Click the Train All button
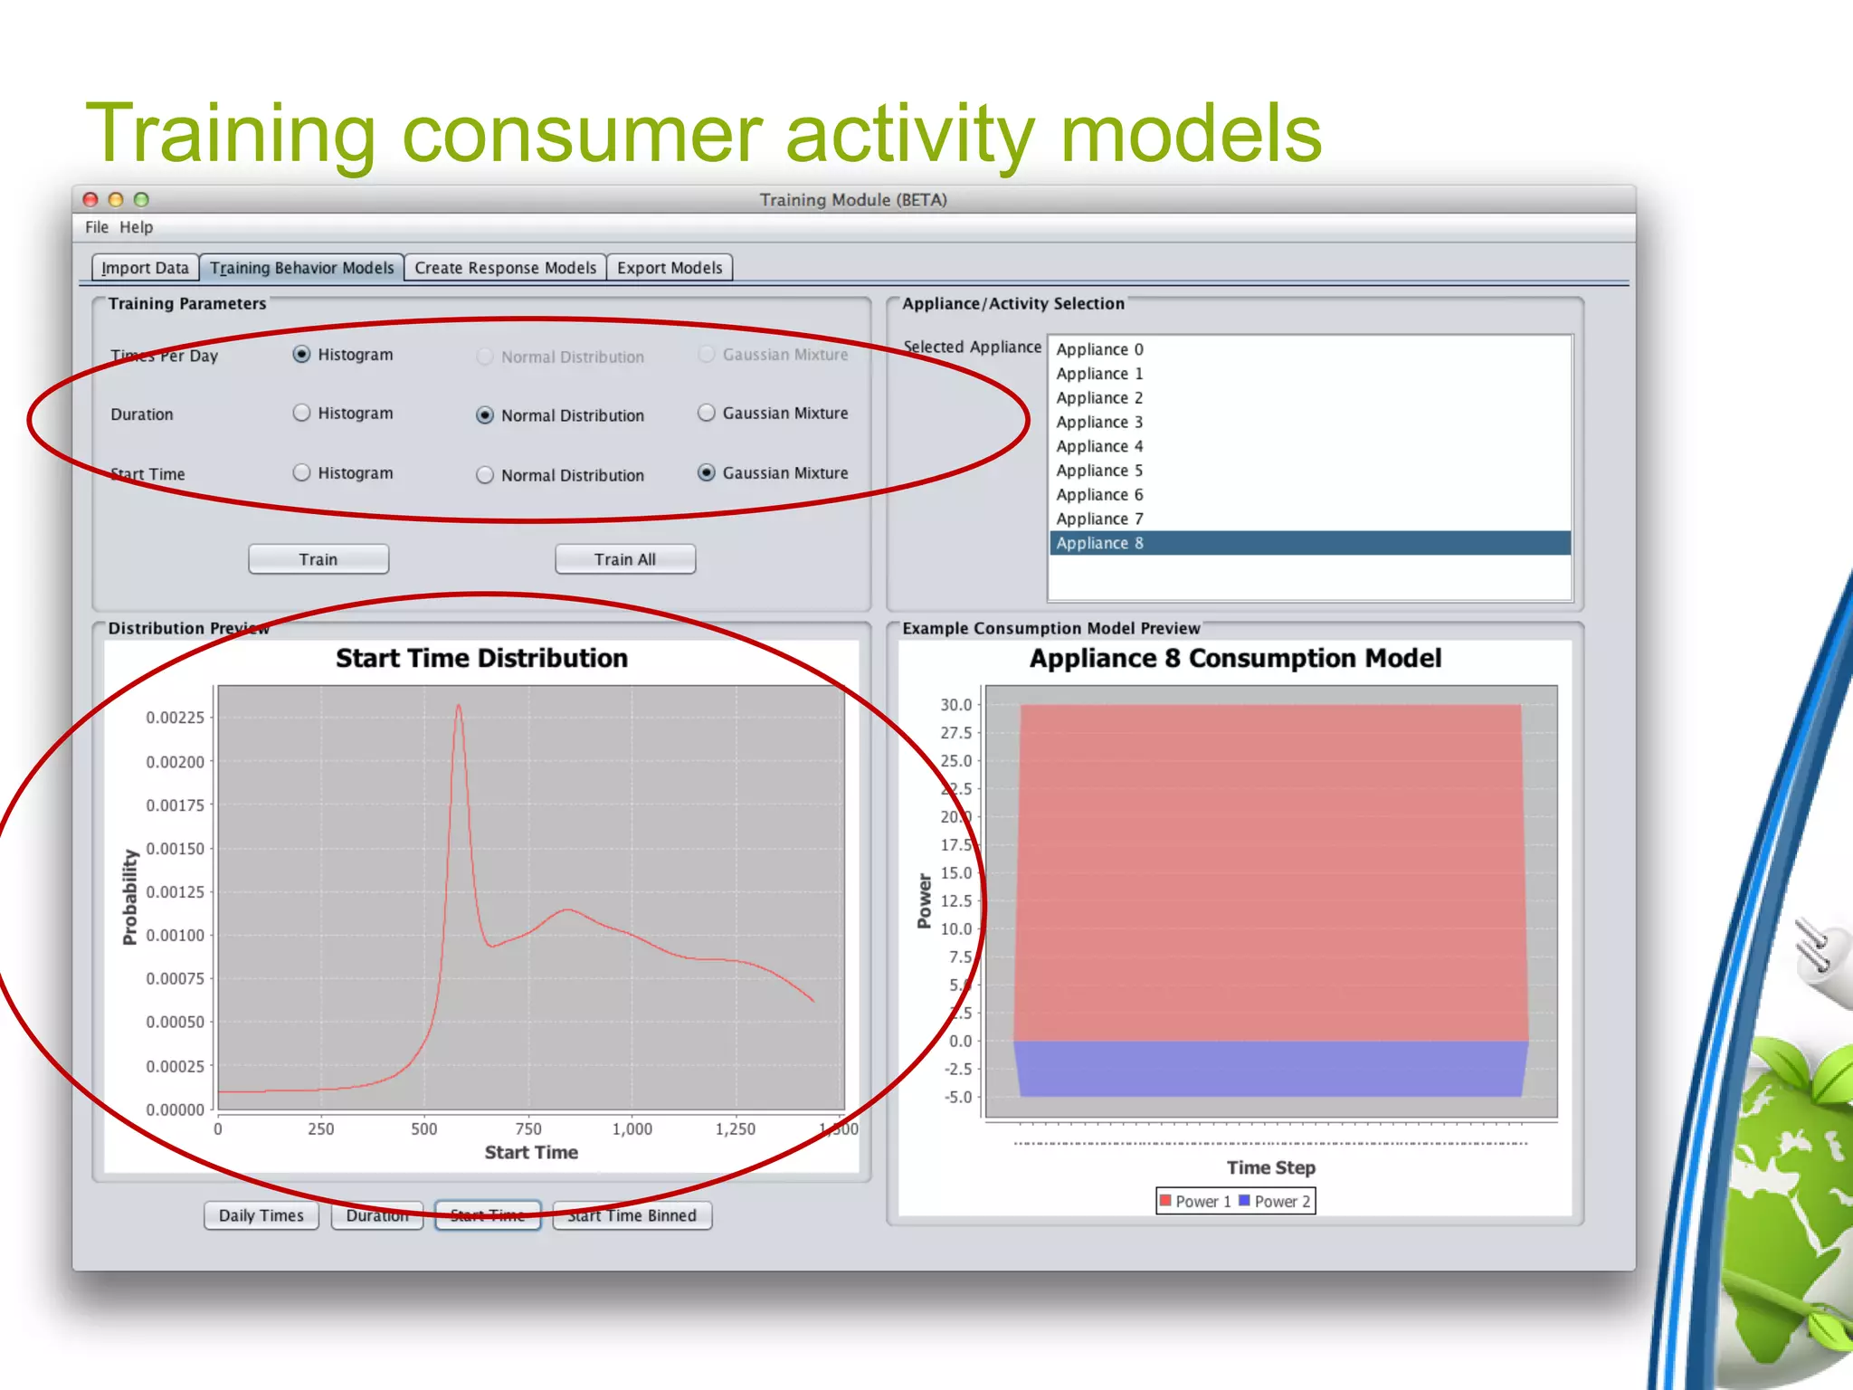pyautogui.click(x=624, y=559)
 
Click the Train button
pyautogui.click(x=318, y=559)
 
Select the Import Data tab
pyautogui.click(x=145, y=268)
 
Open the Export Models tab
pyautogui.click(x=670, y=268)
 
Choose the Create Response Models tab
pyautogui.click(x=505, y=268)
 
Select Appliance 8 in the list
pyautogui.click(x=1099, y=543)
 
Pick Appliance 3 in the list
pyautogui.click(x=1099, y=422)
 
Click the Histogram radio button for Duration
pyautogui.click(x=302, y=413)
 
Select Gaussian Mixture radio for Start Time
pyautogui.click(x=707, y=472)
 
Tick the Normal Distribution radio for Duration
pyautogui.click(x=485, y=415)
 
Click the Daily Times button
pyautogui.click(x=261, y=1215)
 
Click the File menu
pyautogui.click(x=96, y=227)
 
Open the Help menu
pyautogui.click(x=136, y=227)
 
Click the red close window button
pyautogui.click(x=90, y=199)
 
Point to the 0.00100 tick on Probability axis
pyautogui.click(x=175, y=935)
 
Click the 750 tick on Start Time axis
pyautogui.click(x=528, y=1128)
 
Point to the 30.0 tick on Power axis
pyautogui.click(x=955, y=704)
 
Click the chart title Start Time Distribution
pyautogui.click(x=481, y=658)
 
